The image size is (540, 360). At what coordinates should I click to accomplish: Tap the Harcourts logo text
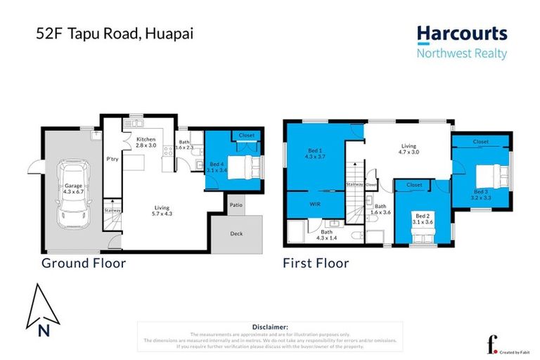(461, 34)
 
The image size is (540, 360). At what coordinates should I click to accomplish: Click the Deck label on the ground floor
(236, 233)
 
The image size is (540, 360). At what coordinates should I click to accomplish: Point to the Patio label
(236, 205)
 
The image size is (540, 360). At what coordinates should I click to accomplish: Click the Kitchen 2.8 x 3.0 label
(146, 143)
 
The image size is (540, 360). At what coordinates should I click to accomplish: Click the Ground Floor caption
(83, 264)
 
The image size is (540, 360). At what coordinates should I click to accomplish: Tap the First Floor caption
(316, 264)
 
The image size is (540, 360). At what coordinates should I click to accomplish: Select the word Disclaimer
(269, 327)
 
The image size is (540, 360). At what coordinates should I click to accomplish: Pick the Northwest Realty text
(461, 53)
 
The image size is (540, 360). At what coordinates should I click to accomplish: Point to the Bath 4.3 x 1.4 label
(327, 235)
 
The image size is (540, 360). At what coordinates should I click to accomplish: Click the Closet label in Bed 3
(481, 141)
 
